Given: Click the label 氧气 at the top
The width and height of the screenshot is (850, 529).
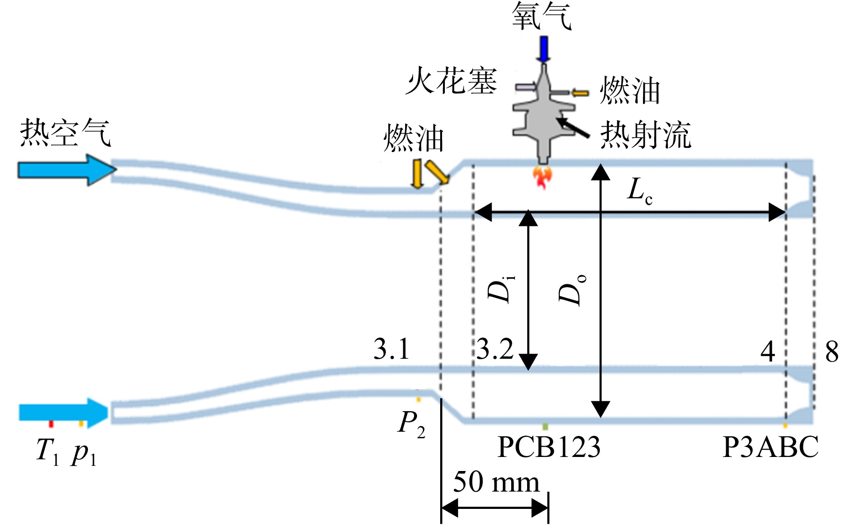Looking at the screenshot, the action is pos(542,16).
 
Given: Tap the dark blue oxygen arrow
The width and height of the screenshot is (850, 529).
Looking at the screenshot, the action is pos(543,49).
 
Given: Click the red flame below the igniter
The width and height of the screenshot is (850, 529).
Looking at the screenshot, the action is pos(543,177).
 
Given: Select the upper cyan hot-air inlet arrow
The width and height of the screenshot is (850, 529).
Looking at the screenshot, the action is pos(67,170).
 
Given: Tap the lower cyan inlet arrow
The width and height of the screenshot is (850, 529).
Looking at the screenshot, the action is pos(63,413).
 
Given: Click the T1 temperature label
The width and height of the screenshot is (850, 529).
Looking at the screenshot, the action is pos(48,451).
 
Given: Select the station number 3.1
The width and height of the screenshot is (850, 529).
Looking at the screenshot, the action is pos(392,348).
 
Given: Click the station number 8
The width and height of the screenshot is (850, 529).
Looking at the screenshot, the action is pos(832,351).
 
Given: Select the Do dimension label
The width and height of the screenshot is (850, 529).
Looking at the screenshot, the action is pos(572,290).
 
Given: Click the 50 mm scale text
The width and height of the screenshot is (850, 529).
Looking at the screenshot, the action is pos(496,482).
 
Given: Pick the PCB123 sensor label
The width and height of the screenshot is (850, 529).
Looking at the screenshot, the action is pos(549,447).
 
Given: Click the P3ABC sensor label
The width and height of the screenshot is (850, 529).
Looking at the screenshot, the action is pos(770,447).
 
